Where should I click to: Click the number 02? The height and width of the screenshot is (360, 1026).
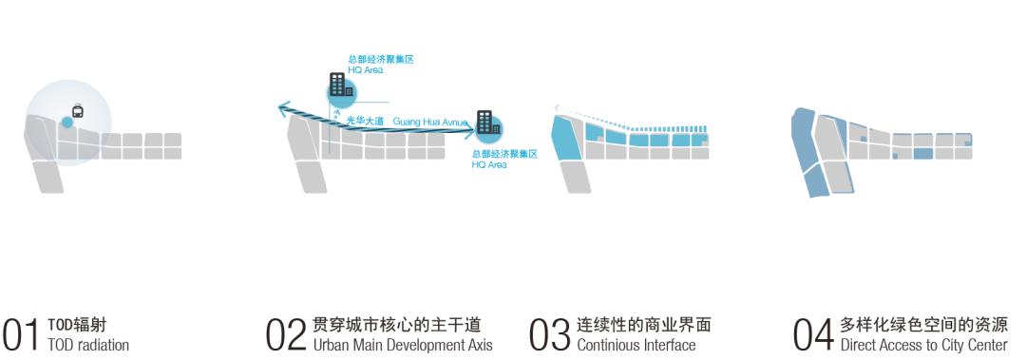pos(287,333)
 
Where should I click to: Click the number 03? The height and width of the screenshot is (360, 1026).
pos(551,333)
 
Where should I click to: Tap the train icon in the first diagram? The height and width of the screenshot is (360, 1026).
pos(78,110)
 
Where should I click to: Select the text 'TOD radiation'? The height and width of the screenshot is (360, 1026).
pos(87,345)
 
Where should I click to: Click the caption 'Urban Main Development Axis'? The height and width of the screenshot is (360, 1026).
pos(403,345)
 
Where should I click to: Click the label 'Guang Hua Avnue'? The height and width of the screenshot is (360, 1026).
pos(430,122)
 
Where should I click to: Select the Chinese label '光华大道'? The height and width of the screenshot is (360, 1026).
pos(366,122)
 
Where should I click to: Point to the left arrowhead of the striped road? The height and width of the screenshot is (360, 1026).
pos(283,108)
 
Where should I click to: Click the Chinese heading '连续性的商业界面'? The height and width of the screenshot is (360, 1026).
pos(643,324)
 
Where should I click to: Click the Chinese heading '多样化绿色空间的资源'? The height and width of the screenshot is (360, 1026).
pos(923,324)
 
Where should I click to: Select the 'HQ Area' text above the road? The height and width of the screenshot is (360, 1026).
pos(366,69)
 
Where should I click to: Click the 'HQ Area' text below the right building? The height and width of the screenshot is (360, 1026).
pos(489,164)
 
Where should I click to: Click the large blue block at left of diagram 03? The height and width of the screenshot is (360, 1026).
pos(567,139)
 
